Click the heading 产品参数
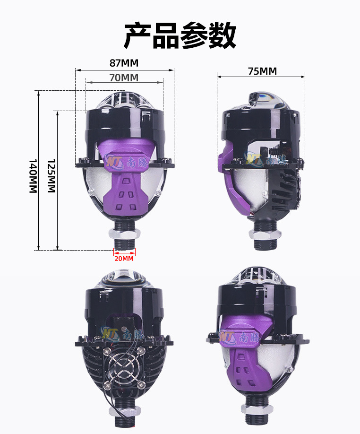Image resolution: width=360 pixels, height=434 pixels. (180, 35)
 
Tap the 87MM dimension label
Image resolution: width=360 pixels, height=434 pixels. (124, 63)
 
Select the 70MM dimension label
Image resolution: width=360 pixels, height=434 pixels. (124, 78)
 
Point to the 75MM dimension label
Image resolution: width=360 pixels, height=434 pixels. (262, 71)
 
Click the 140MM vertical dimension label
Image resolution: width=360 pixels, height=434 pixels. (33, 176)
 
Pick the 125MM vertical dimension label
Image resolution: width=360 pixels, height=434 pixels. (51, 176)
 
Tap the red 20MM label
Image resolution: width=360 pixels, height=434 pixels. (124, 259)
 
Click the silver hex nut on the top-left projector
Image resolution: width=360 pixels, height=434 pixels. (124, 234)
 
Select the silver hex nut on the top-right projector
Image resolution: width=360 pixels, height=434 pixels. (265, 234)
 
